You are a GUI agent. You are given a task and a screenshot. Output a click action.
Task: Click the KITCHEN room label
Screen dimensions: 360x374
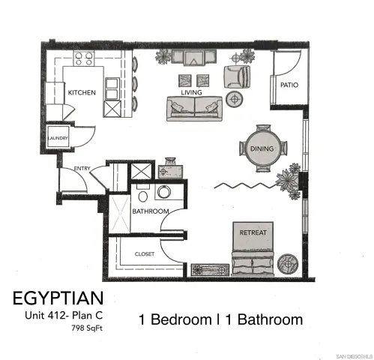[x=81, y=92]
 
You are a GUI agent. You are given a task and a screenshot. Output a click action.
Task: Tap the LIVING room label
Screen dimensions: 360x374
[x=192, y=92]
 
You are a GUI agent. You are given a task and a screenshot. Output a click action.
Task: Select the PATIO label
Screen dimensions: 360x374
[x=289, y=85]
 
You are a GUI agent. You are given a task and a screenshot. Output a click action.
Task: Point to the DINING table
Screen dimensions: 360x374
[x=263, y=148]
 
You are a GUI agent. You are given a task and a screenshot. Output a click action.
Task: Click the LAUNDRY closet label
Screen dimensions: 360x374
[x=58, y=139]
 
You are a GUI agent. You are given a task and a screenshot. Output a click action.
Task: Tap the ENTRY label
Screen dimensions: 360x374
[x=82, y=168]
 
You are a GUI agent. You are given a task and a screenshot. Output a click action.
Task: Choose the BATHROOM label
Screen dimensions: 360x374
[x=150, y=212]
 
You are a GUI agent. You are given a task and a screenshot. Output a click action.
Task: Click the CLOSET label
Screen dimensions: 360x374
[x=145, y=253]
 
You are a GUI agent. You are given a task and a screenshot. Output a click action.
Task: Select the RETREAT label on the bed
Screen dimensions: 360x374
[x=253, y=232]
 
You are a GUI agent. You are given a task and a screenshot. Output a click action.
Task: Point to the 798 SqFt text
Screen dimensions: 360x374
[x=87, y=328]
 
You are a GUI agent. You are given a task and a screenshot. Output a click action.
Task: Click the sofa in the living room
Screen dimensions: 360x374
[x=193, y=108]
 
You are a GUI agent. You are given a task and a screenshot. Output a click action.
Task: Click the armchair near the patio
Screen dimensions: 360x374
[x=238, y=75]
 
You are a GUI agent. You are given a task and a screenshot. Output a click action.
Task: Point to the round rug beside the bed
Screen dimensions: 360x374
[x=289, y=263]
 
